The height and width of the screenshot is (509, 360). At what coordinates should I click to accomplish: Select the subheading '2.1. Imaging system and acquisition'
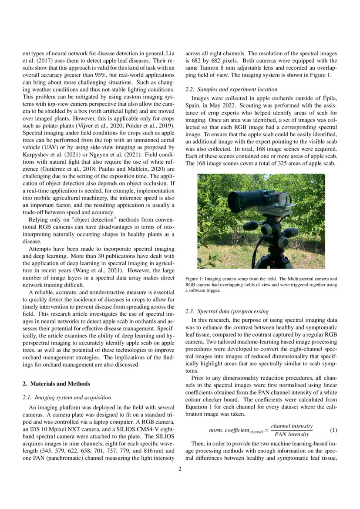[x=66, y=397]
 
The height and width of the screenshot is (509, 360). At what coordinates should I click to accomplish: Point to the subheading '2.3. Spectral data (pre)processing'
[x=227, y=311]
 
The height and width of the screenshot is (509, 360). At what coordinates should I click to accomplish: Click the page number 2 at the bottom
[x=180, y=469]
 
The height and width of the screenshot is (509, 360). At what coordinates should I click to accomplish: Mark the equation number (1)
[x=333, y=430]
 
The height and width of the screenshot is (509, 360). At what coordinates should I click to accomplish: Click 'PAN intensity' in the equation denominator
[x=291, y=435]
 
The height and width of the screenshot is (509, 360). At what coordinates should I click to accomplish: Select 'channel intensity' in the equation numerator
[x=291, y=426]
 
